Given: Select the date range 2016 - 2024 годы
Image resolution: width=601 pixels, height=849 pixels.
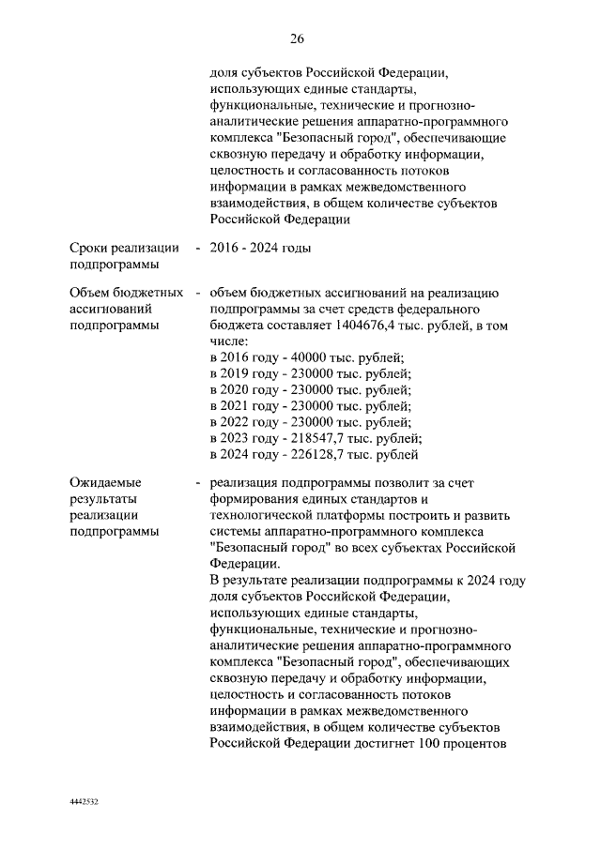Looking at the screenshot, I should pos(260,248).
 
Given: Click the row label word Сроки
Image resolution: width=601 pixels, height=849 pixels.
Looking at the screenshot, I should pos(92,248).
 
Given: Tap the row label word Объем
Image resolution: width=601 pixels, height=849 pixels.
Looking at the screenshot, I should pos(92,293).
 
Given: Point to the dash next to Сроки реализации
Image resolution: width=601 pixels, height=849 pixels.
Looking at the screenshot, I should pos(197,248).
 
